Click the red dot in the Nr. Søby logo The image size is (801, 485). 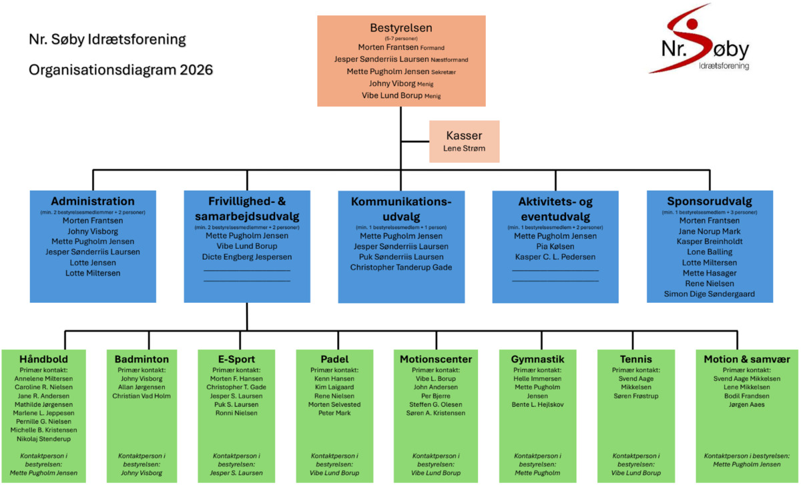click(692, 24)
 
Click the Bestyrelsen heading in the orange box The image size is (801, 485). click(401, 28)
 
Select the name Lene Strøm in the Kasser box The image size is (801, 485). click(464, 148)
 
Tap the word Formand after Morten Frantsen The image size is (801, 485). click(433, 48)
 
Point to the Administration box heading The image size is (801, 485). click(93, 201)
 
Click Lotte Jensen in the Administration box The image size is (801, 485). click(93, 263)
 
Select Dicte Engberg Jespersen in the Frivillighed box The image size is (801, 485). click(247, 257)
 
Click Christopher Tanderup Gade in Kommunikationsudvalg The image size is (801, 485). click(401, 268)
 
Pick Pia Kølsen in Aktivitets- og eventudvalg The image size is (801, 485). click(555, 247)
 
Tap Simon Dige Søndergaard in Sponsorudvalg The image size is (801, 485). click(710, 294)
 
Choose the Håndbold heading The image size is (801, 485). click(43, 359)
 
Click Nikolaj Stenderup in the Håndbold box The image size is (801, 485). click(43, 439)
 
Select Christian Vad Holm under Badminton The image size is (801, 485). click(142, 396)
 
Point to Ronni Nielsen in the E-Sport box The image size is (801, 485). click(236, 413)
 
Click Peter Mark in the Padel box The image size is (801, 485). click(334, 413)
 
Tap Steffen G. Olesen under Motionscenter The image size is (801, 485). click(435, 404)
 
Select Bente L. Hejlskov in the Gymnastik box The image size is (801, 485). click(537, 404)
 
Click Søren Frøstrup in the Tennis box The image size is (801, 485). click(635, 396)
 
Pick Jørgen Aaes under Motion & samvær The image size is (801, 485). click(747, 404)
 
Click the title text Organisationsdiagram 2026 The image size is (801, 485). click(121, 69)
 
